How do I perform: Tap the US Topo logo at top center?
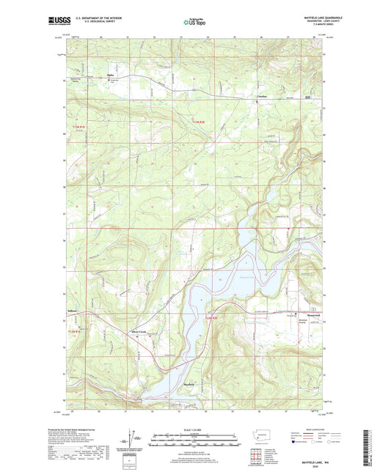pyautogui.click(x=194, y=23)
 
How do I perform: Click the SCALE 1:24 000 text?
pyautogui.click(x=194, y=429)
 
